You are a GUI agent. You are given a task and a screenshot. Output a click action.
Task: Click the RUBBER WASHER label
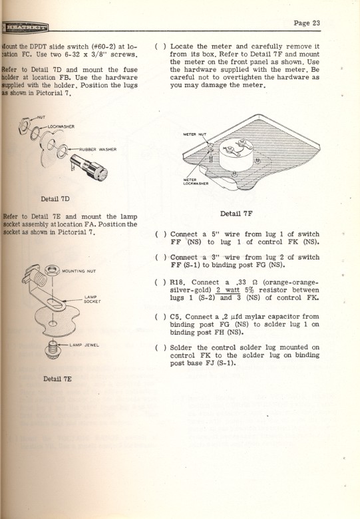coord(98,150)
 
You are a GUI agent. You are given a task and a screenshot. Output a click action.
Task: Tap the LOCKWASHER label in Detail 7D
coord(61,126)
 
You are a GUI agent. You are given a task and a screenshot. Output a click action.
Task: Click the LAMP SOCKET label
coord(92,299)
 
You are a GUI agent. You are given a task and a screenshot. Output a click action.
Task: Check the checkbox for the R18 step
coord(157,281)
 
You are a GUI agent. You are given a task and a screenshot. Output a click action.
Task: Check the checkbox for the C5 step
coord(157,317)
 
